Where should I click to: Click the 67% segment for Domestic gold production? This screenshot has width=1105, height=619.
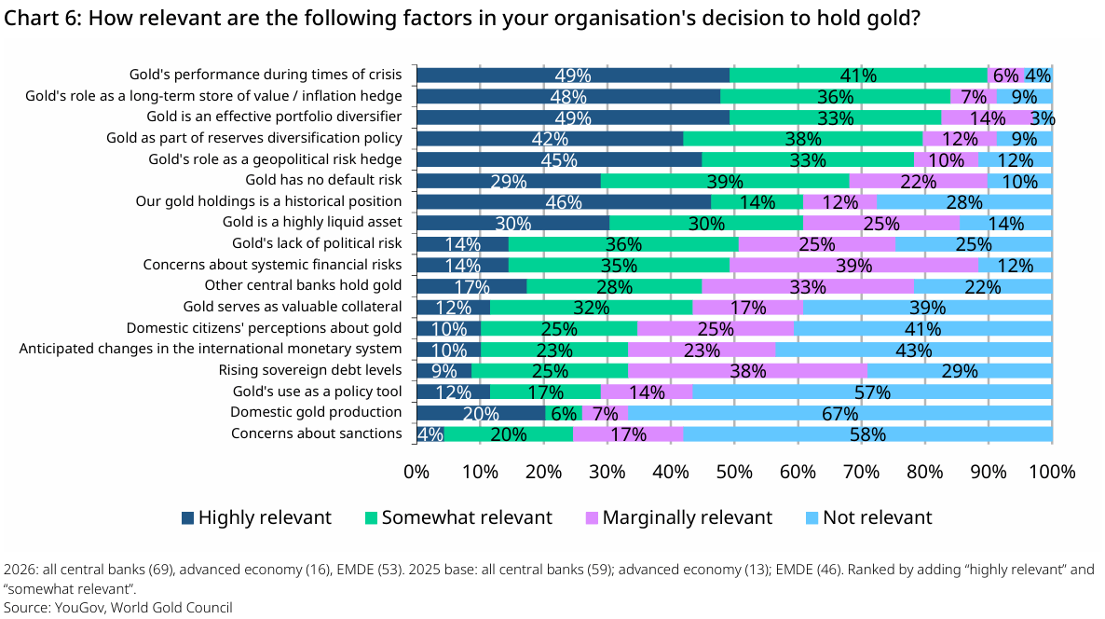[839, 413]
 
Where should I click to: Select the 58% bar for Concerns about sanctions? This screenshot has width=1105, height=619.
[867, 434]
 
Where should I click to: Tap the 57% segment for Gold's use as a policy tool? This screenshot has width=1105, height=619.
[872, 392]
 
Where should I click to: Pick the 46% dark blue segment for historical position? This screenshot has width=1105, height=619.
[563, 202]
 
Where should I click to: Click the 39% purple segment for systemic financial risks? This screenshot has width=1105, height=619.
[853, 265]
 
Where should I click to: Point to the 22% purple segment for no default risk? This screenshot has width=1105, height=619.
[918, 181]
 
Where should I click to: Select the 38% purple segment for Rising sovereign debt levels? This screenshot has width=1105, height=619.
[747, 371]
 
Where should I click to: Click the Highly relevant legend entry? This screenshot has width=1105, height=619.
[256, 517]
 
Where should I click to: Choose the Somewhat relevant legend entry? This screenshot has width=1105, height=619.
[458, 517]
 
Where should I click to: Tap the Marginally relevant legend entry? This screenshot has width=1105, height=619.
[679, 517]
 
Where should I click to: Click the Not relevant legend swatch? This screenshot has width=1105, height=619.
[812, 518]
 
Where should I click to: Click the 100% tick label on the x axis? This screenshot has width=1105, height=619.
[1052, 471]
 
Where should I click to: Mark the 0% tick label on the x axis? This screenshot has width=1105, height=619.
[416, 471]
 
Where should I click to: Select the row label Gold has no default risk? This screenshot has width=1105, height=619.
[323, 180]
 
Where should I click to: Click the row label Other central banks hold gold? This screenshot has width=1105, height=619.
[303, 285]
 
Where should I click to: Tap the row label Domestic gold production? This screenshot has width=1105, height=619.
[317, 412]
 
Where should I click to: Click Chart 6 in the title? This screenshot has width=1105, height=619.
[43, 17]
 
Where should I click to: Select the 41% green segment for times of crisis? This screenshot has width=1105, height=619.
[858, 76]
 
